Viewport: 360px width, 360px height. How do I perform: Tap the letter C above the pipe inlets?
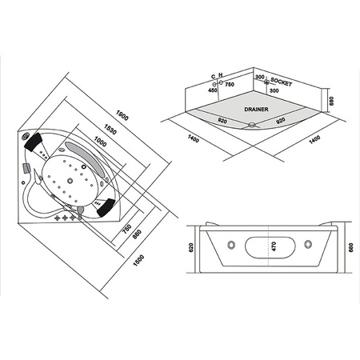click(214, 76)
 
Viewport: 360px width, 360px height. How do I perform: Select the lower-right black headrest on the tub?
click(106, 210)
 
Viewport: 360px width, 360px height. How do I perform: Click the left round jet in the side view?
click(230, 244)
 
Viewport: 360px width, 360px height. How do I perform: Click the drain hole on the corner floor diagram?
click(254, 124)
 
